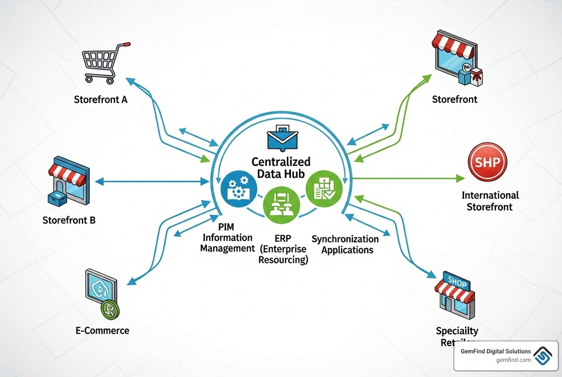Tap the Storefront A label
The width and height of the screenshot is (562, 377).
point(100,99)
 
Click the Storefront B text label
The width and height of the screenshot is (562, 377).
point(69,220)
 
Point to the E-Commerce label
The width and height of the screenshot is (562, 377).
point(102,330)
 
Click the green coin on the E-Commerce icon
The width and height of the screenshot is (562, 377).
point(108,310)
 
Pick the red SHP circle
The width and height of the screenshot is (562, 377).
point(487,162)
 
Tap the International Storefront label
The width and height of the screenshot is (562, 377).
point(490,201)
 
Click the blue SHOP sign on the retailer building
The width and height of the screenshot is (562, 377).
point(457,282)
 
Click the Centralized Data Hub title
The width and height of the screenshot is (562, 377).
point(281,167)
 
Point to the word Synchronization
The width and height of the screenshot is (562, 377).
point(345,239)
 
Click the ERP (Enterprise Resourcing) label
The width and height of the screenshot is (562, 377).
point(283,249)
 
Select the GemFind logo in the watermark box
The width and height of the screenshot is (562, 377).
point(543,356)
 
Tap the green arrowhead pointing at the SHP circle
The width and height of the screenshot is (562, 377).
point(460,178)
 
